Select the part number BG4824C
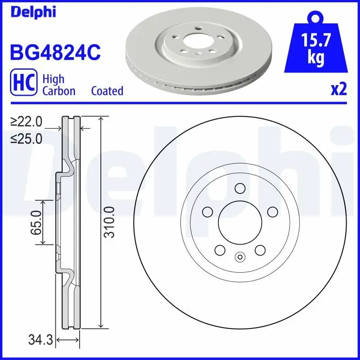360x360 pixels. coord(54,53)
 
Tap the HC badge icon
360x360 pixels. coord(23,85)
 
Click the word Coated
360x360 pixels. coord(107,91)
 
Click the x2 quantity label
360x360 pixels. coord(339,90)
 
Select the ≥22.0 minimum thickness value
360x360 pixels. coord(27,121)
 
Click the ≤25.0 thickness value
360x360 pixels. coord(27,139)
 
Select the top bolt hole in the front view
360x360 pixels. coord(239,188)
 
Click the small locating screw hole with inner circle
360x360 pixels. coord(239,257)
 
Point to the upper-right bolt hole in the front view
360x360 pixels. coord(272,211)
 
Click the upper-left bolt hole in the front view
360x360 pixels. coord(207,211)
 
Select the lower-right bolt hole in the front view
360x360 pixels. coord(260,250)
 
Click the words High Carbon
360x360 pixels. coord(58,85)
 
